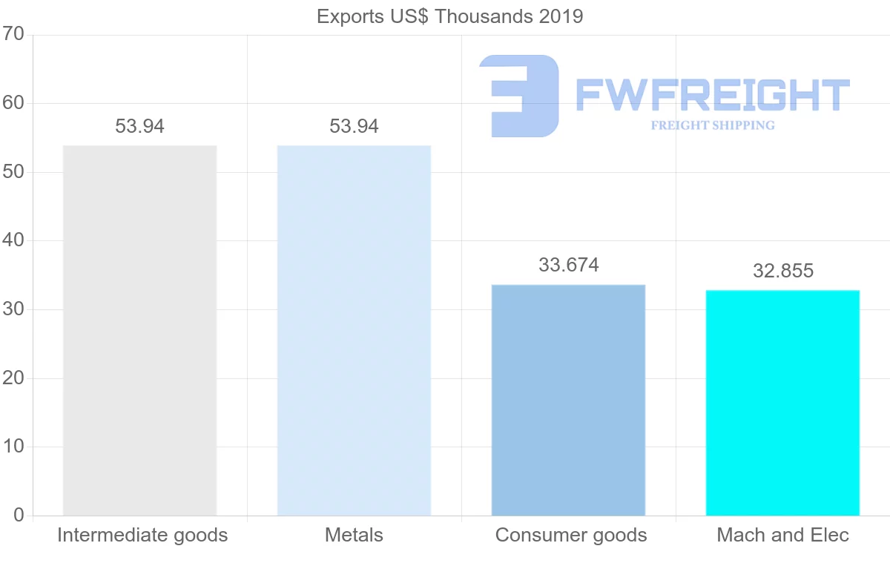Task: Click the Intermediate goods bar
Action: click(139, 330)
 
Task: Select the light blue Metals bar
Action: click(354, 330)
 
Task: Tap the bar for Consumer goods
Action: click(568, 400)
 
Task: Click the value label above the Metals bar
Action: click(354, 127)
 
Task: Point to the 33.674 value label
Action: click(568, 265)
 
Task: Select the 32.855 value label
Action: click(782, 271)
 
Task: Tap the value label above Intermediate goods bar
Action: click(139, 127)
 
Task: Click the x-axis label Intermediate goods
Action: click(142, 535)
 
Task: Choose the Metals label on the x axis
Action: click(354, 535)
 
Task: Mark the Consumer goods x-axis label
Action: click(570, 535)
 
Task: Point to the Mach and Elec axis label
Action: click(782, 535)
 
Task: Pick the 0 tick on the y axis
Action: click(19, 516)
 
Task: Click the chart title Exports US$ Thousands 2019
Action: click(449, 16)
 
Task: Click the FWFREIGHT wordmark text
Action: click(712, 95)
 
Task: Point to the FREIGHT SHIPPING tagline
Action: click(712, 125)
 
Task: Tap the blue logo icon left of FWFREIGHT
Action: click(519, 96)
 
